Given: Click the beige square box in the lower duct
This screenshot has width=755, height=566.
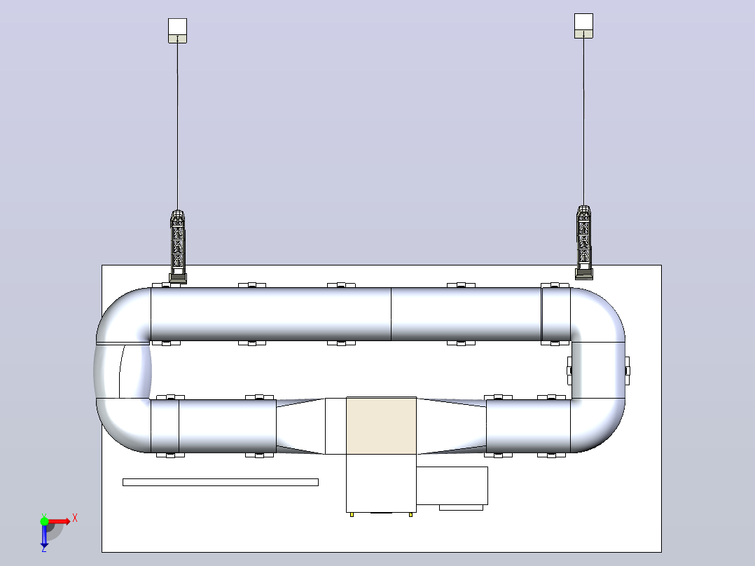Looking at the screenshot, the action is click(381, 425).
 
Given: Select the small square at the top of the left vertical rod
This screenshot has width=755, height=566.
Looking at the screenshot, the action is click(177, 30).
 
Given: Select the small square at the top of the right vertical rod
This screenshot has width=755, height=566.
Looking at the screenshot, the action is click(583, 25).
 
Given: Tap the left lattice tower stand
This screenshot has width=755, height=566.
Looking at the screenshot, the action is click(178, 247).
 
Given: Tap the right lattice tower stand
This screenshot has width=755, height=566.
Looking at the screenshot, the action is click(584, 242).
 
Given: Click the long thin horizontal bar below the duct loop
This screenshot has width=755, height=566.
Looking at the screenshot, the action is click(221, 482).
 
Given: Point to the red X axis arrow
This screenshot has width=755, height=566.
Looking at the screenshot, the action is click(60, 521).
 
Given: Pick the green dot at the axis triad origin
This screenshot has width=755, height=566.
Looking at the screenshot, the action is click(44, 521).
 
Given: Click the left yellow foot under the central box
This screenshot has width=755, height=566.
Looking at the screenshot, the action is click(352, 514).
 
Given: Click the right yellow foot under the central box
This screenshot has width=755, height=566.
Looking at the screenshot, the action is click(410, 514).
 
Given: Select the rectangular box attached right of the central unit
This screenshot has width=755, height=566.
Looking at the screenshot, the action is click(452, 485).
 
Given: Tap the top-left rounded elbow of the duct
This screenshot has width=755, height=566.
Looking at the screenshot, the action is click(123, 315).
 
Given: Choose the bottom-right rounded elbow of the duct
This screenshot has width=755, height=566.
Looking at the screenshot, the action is click(598, 426).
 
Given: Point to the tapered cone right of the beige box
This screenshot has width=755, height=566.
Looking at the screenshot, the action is click(451, 427).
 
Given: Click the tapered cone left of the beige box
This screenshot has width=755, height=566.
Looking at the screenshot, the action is click(301, 427).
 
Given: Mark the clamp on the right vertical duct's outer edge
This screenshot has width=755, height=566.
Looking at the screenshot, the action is click(627, 371).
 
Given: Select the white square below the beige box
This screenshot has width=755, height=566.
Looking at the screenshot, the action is click(381, 483).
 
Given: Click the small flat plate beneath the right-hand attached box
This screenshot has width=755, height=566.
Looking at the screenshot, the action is click(461, 507).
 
